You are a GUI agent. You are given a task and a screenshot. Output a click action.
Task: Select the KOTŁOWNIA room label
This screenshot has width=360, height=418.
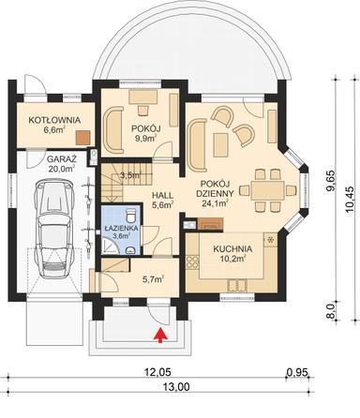point(52,121)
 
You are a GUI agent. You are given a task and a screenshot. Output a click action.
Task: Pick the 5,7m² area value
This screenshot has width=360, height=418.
point(152,278)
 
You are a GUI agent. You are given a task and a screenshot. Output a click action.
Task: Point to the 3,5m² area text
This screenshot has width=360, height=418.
point(130,174)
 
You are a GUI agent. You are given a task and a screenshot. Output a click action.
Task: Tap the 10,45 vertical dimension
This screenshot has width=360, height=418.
point(347,199)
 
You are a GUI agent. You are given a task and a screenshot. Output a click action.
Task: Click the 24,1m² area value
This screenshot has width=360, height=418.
point(221,199)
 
